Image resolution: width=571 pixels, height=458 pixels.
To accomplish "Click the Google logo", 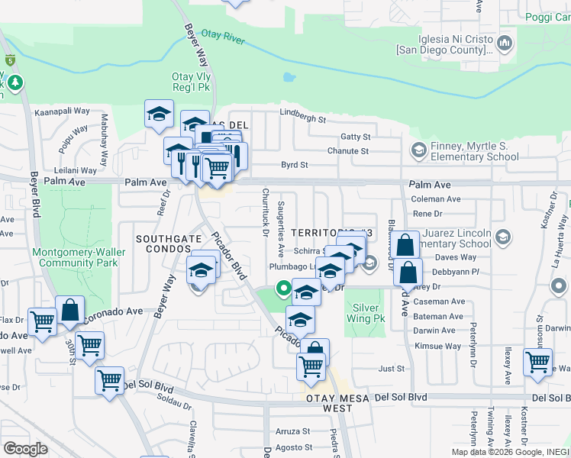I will click(x=25, y=448).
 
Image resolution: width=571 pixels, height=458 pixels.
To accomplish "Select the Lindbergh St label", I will click(x=302, y=120).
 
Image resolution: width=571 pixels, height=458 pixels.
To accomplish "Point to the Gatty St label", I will click(x=355, y=137).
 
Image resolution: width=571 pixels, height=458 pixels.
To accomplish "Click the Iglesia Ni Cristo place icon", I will click(x=505, y=44).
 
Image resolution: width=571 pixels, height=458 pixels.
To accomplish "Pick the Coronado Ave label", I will click(x=113, y=311).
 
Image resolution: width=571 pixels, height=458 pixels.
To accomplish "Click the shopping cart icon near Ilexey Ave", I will click(x=537, y=362).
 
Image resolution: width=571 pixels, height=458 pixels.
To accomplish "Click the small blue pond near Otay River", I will click(x=289, y=77).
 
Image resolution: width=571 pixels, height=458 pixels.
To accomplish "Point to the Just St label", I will click(x=392, y=368).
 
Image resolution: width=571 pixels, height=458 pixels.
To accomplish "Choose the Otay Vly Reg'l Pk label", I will click(x=191, y=82).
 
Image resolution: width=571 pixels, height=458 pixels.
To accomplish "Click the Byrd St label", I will click(x=294, y=164).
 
